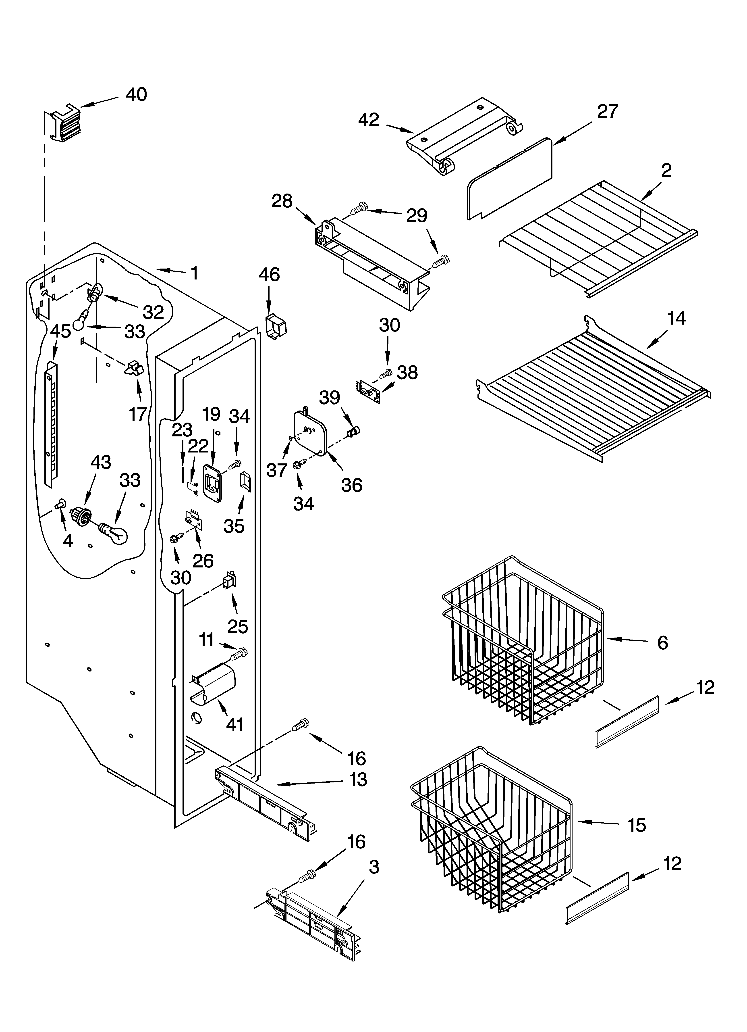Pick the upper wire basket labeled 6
(523, 637)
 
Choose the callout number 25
(237, 627)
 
